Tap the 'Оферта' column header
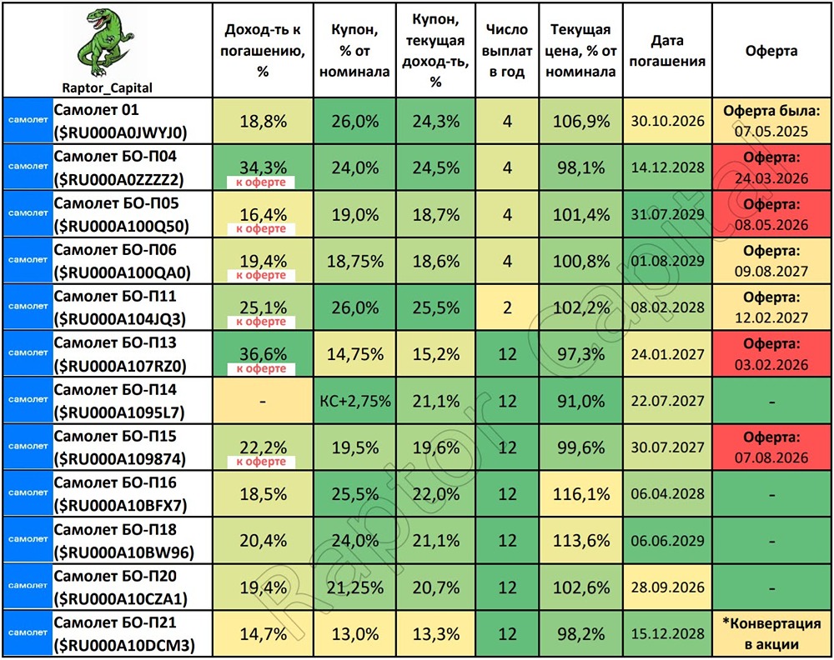[x=771, y=51]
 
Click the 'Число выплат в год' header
[x=506, y=51]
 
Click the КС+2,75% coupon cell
[x=355, y=401]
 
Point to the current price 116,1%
[x=580, y=494]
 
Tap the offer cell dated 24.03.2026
[x=771, y=167]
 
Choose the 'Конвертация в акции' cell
[x=771, y=634]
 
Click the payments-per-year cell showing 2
[x=506, y=307]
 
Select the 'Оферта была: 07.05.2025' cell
[x=771, y=121]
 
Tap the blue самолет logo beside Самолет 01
[x=28, y=121]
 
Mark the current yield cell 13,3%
[x=435, y=634]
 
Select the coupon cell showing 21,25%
[x=355, y=587]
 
